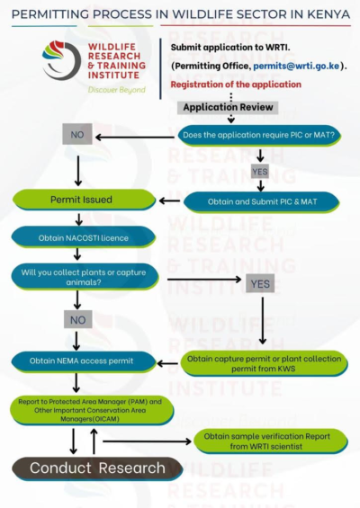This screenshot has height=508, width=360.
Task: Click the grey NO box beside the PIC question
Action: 76,136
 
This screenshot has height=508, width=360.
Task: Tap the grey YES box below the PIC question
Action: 259,171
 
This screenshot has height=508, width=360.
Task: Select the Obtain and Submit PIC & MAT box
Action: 261,200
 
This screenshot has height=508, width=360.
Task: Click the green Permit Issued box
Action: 80,199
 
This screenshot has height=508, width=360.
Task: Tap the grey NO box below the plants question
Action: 78,318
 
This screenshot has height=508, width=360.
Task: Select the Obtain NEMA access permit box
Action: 80,361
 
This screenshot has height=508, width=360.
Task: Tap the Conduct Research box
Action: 97,468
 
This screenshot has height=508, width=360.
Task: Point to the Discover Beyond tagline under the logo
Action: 118,90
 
